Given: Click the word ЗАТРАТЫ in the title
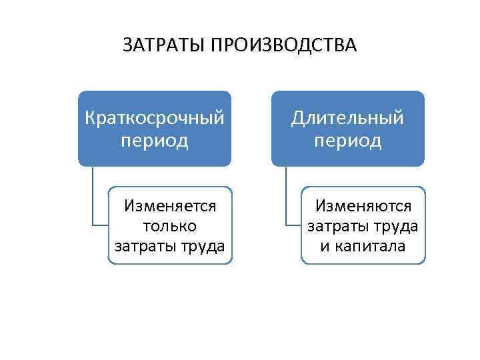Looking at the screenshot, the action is point(164,45).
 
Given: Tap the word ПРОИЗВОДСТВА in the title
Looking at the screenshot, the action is point(284,45).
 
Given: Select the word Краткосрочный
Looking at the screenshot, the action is point(155,119).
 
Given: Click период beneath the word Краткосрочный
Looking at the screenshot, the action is point(155,141).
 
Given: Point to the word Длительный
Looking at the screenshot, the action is point(347,119).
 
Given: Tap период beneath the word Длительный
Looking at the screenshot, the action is point(347,141).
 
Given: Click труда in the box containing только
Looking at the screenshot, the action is point(201,246).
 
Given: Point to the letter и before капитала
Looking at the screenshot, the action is point(325,246).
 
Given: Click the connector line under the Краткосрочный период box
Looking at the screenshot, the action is point(93,200).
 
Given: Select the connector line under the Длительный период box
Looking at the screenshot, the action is point(286,200).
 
